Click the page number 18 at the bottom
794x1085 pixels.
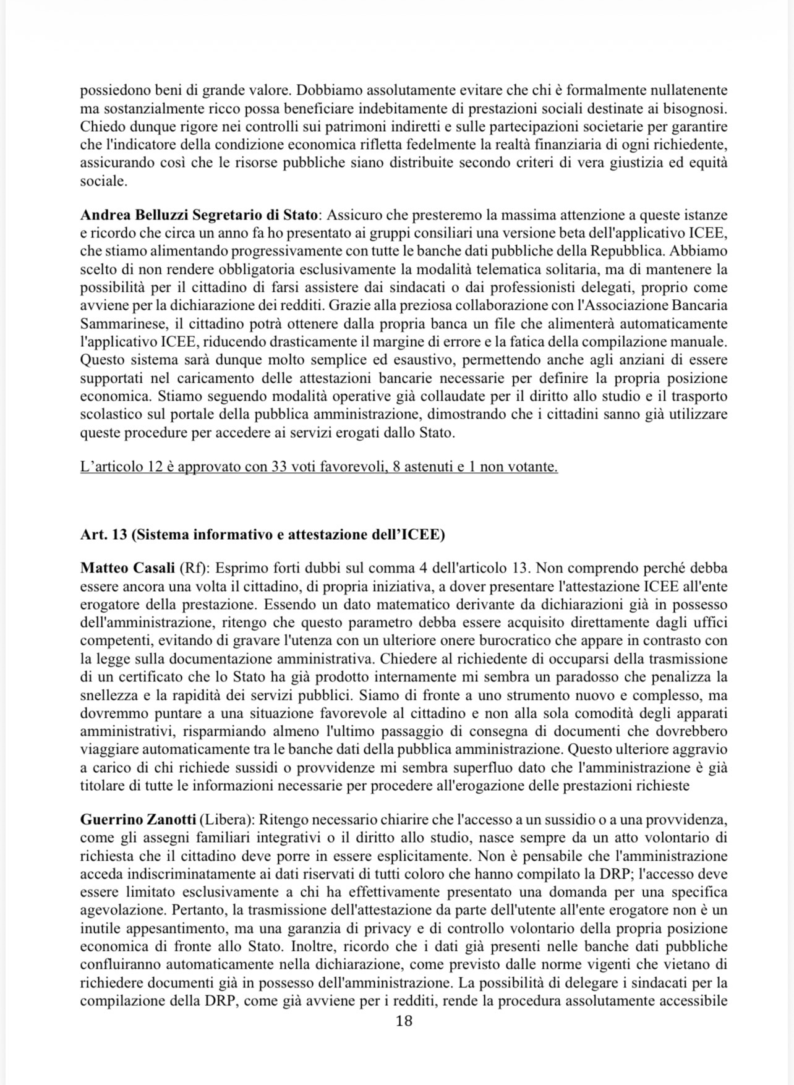[404, 1020]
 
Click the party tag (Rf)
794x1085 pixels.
[191, 568]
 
